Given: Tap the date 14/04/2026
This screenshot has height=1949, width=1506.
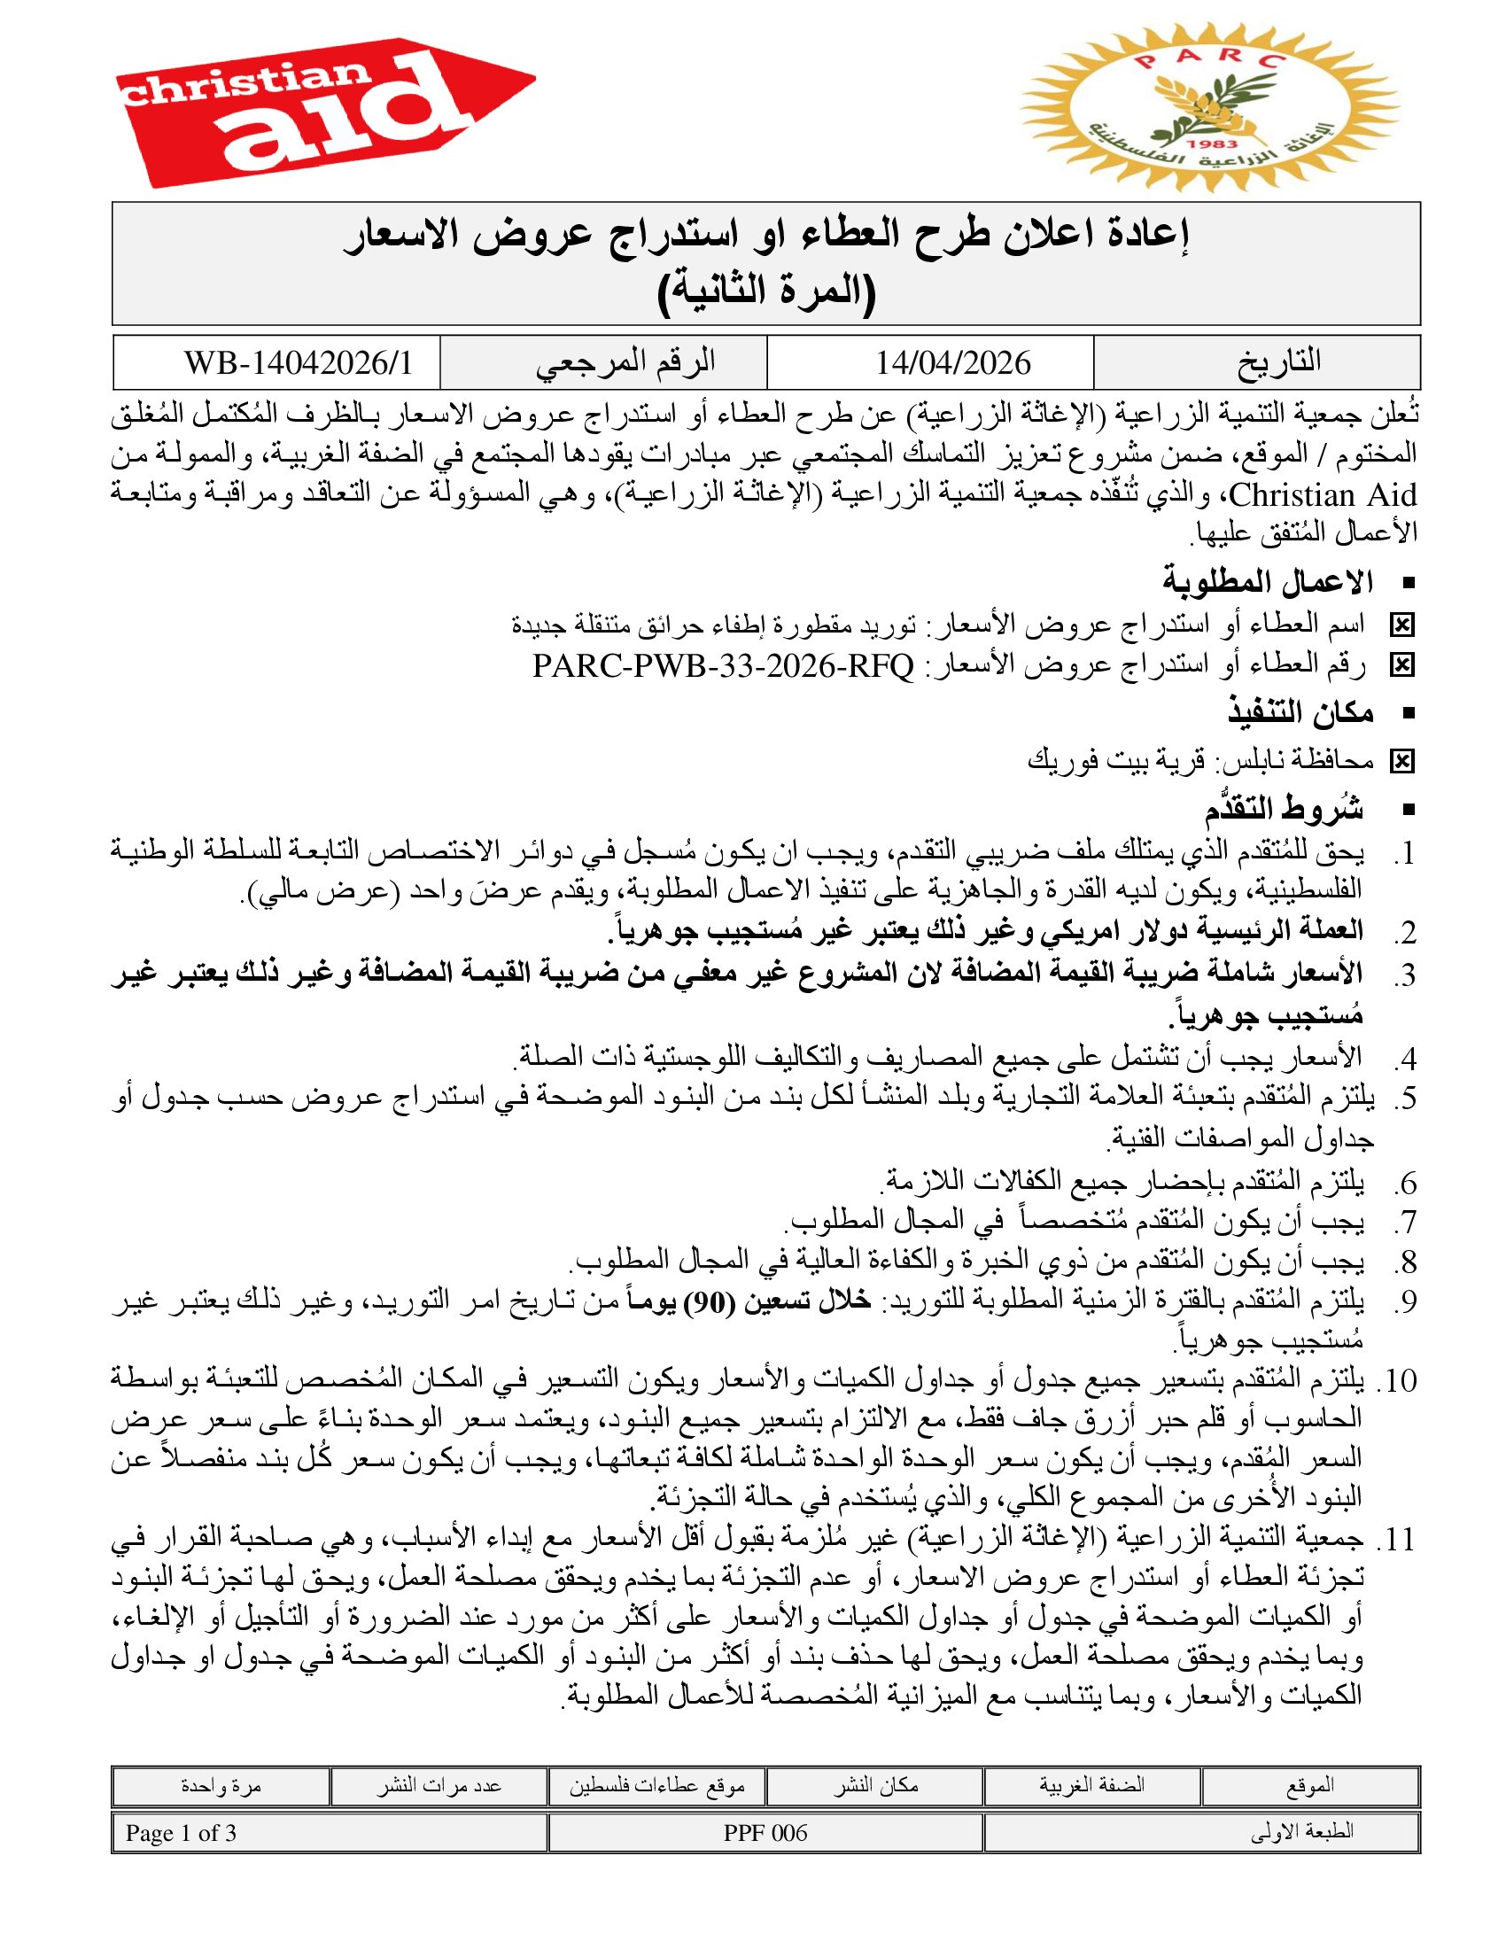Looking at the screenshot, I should point(952,363).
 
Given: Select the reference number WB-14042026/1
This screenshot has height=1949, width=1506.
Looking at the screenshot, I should point(299,363).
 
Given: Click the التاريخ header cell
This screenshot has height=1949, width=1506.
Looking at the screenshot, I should point(1278,362).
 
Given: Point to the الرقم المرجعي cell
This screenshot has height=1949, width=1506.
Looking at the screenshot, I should point(625,362).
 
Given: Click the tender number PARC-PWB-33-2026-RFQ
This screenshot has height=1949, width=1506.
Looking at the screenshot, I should point(724,665).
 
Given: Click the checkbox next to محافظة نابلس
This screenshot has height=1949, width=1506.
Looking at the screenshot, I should point(1401,761).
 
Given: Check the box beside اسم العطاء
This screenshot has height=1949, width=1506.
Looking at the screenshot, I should point(1401,626).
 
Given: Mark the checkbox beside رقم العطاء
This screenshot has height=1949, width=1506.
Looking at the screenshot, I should point(1401,665).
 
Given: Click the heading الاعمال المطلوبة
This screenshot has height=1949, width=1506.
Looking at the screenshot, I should point(1267,583).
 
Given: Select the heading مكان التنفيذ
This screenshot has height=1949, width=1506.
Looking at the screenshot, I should point(1300,713).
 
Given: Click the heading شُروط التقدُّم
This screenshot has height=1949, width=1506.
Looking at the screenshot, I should point(1284,810).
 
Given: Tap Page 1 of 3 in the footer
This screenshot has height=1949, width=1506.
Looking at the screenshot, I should point(181,1833).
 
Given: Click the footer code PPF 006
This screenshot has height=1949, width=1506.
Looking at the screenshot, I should point(765,1833).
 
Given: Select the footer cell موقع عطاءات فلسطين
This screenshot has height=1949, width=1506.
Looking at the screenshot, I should point(656,1786).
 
